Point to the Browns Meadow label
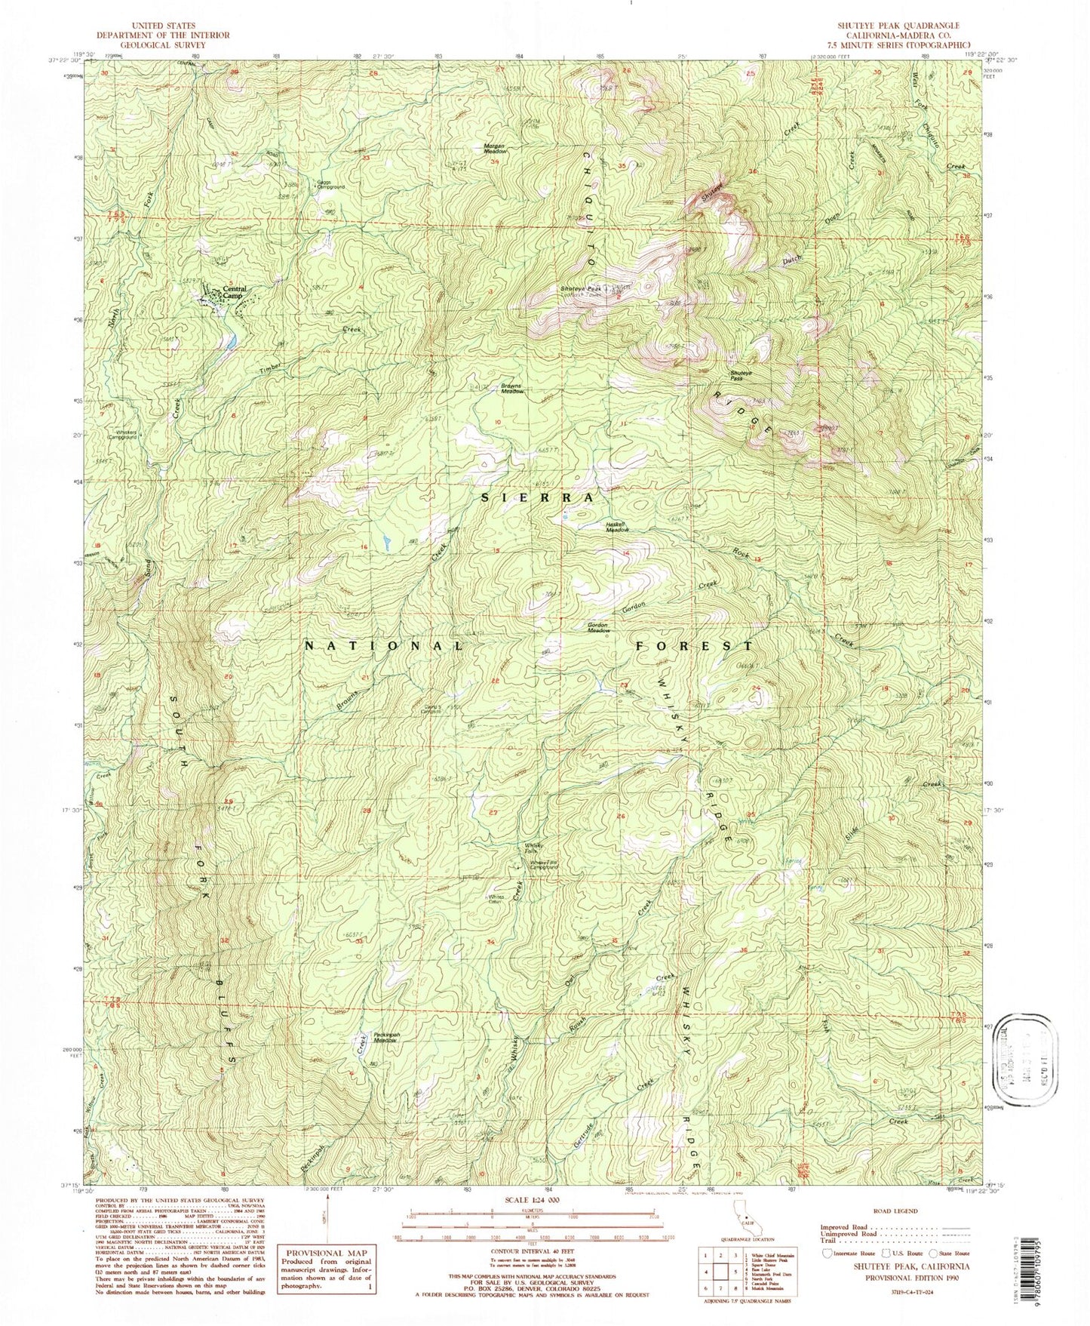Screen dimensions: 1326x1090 point(512,389)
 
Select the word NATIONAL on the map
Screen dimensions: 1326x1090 point(385,646)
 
